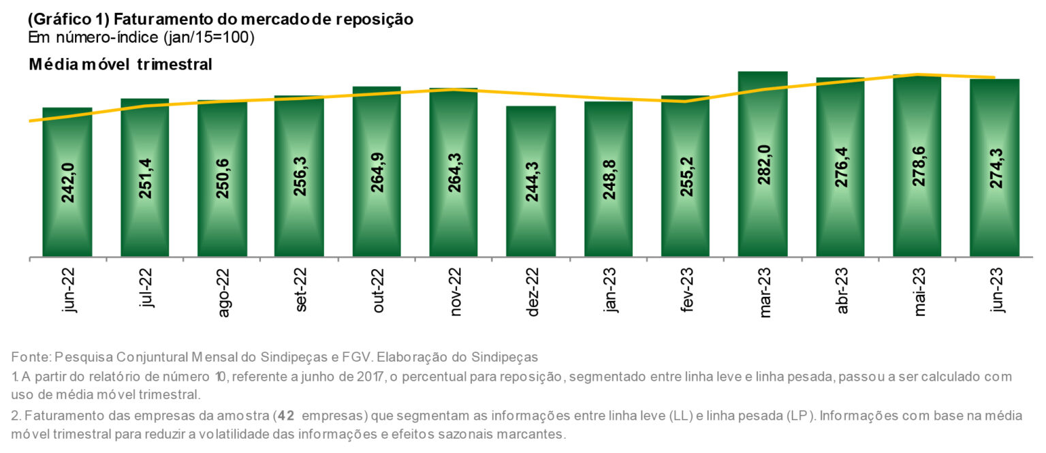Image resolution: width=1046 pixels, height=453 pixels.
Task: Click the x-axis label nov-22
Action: tap(455, 290)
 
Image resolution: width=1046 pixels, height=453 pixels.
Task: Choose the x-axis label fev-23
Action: tap(686, 290)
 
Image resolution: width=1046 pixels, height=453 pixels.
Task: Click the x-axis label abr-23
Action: tap(842, 290)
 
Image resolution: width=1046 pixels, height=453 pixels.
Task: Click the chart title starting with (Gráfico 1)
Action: tap(220, 19)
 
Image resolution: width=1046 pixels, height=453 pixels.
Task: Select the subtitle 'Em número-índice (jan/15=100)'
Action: tap(142, 37)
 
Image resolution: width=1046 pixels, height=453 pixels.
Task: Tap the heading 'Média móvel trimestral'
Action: tap(121, 65)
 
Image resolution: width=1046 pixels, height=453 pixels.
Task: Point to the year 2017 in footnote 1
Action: tap(368, 376)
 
